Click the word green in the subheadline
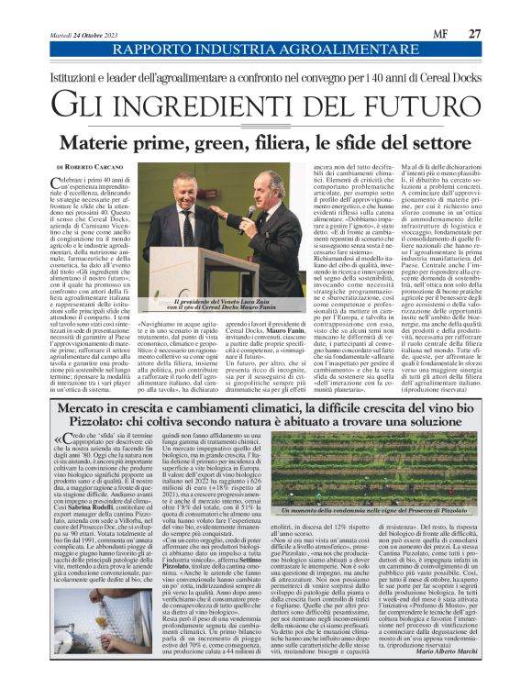click(246, 142)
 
